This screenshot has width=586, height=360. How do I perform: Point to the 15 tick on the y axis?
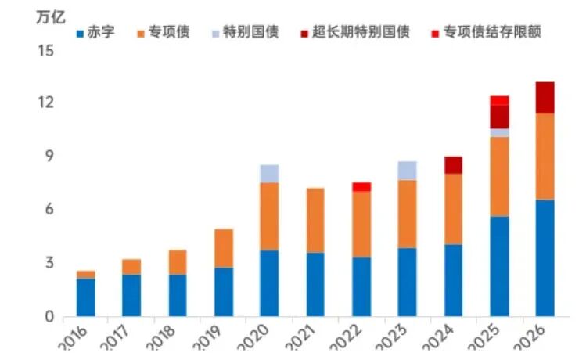click(x=45, y=51)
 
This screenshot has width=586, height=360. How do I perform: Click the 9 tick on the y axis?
click(x=49, y=157)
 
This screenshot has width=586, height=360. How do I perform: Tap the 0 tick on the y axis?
click(x=49, y=317)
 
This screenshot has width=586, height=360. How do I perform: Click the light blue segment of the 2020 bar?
click(x=269, y=173)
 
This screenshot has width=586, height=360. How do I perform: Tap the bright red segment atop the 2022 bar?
click(x=361, y=186)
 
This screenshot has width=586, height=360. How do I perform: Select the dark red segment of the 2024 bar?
click(x=453, y=164)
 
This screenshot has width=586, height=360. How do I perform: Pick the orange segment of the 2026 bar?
click(x=545, y=157)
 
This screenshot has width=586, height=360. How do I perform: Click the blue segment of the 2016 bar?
click(x=86, y=297)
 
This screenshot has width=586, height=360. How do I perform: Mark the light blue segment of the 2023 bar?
click(x=407, y=170)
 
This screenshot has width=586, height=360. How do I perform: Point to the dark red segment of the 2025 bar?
click(x=499, y=117)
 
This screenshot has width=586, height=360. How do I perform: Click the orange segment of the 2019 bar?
click(x=224, y=248)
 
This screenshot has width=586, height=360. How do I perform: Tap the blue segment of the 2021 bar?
click(x=315, y=284)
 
